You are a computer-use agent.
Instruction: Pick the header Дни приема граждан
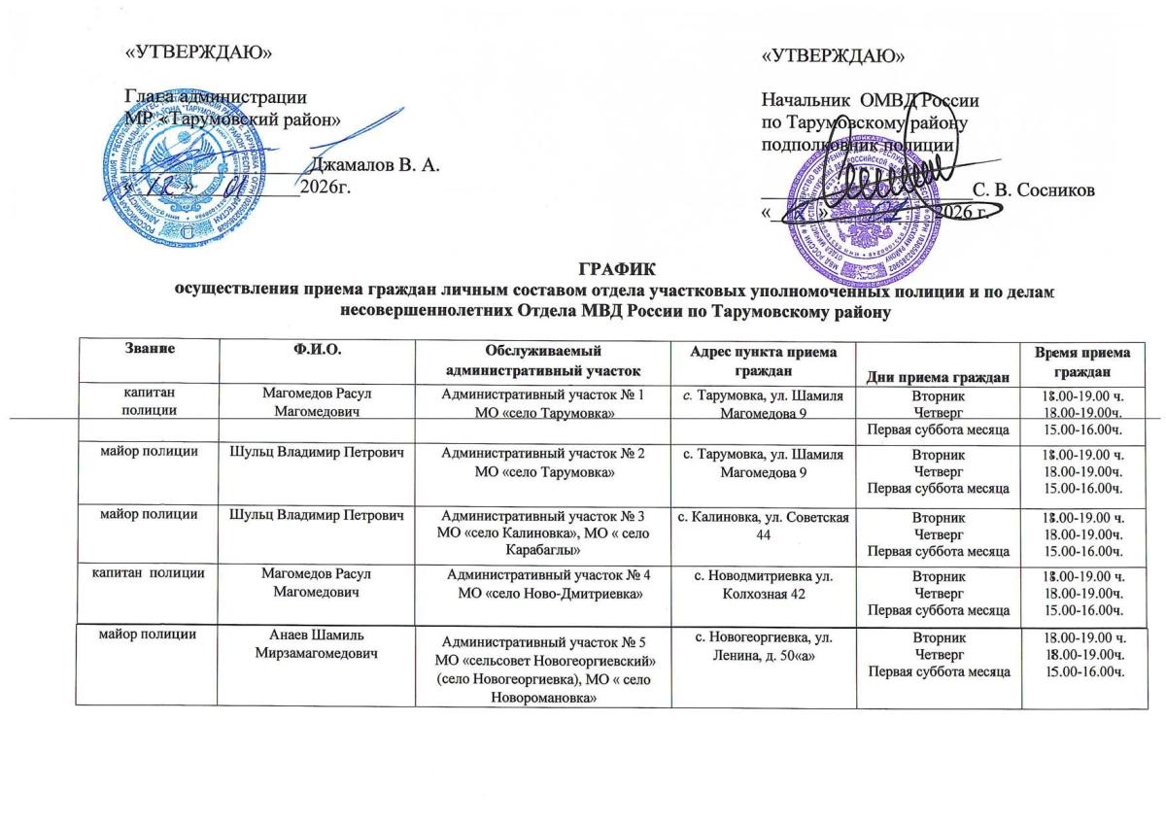(x=936, y=376)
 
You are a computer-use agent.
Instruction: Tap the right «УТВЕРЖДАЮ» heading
(x=828, y=55)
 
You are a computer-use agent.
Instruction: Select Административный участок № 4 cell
(x=543, y=585)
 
